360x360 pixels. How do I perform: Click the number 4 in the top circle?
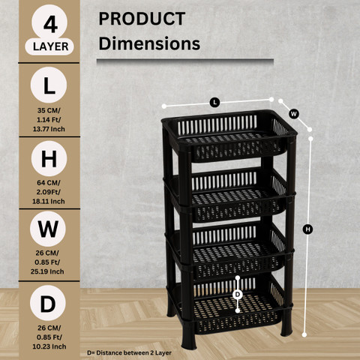pyautogui.click(x=50, y=25)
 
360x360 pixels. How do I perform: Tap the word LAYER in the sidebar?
pyautogui.click(x=50, y=46)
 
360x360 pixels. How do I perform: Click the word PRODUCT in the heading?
pyautogui.click(x=142, y=19)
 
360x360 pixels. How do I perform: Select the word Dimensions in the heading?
pyautogui.click(x=149, y=43)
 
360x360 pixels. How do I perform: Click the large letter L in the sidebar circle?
pyautogui.click(x=49, y=85)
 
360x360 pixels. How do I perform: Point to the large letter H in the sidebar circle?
pyautogui.click(x=49, y=159)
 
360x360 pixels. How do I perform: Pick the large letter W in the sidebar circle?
pyautogui.click(x=48, y=229)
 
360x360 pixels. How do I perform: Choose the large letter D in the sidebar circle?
pyautogui.click(x=48, y=304)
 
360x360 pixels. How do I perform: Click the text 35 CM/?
pyautogui.click(x=49, y=110)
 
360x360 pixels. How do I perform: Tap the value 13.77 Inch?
pyautogui.click(x=49, y=129)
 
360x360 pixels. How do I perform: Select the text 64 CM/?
pyautogui.click(x=49, y=183)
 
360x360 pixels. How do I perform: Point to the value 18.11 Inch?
pyautogui.click(x=49, y=201)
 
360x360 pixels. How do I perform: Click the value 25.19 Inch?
pyautogui.click(x=47, y=271)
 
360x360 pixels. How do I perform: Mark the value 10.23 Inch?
pyautogui.click(x=49, y=346)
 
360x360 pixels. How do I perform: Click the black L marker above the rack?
pyautogui.click(x=214, y=103)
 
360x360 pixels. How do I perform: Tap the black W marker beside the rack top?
pyautogui.click(x=294, y=114)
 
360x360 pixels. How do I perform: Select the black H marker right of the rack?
pyautogui.click(x=307, y=229)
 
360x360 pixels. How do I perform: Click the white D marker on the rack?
pyautogui.click(x=238, y=295)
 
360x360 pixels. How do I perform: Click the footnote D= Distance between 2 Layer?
pyautogui.click(x=129, y=353)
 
